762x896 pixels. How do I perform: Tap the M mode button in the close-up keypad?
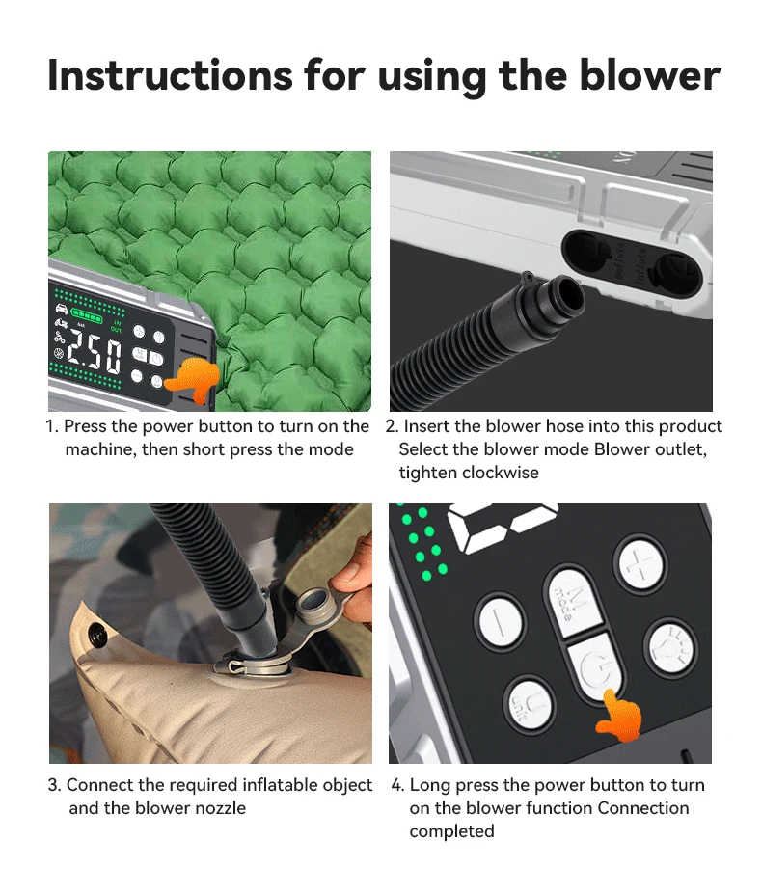click(572, 603)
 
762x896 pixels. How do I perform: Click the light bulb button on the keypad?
click(671, 648)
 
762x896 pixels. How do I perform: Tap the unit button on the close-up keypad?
click(530, 703)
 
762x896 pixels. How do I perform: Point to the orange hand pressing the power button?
click(618, 716)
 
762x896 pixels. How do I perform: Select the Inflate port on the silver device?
click(677, 274)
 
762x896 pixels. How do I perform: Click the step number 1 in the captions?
click(50, 426)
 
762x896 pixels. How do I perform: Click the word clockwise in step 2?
click(501, 473)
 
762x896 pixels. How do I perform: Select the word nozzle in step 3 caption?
click(221, 808)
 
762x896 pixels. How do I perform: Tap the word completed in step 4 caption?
click(451, 831)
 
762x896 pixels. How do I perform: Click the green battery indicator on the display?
click(86, 313)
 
